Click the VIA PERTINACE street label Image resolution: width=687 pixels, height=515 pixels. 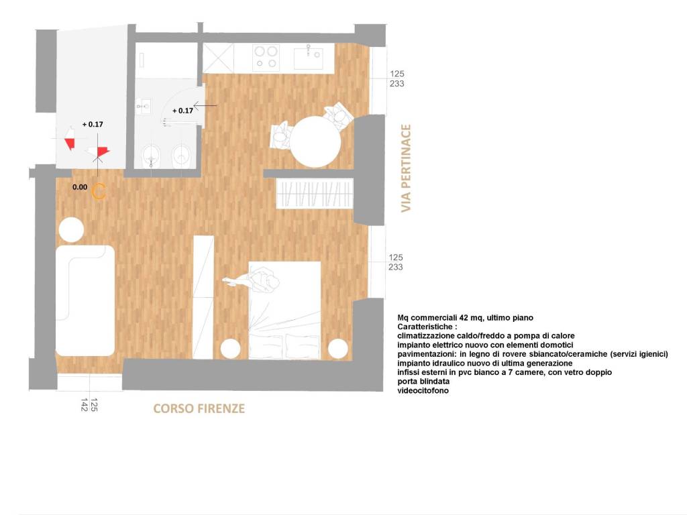point(405,168)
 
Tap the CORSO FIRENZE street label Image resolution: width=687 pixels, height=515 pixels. point(199,408)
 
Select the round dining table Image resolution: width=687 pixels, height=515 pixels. point(315,141)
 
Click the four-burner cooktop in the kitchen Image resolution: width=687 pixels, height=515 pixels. point(266,56)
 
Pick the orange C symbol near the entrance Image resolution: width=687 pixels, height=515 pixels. point(98,191)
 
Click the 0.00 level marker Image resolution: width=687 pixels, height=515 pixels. point(80,188)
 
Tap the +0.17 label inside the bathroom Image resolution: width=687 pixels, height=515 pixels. point(182,111)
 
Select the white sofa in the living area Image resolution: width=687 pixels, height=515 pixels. point(85,300)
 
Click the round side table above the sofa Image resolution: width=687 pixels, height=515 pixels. point(71,230)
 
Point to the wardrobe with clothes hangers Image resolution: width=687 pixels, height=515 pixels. point(315,194)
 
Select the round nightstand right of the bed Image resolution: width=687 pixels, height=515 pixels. point(338,348)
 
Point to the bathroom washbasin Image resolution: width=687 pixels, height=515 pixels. point(143,105)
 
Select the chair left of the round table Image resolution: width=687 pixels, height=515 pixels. point(280,135)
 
